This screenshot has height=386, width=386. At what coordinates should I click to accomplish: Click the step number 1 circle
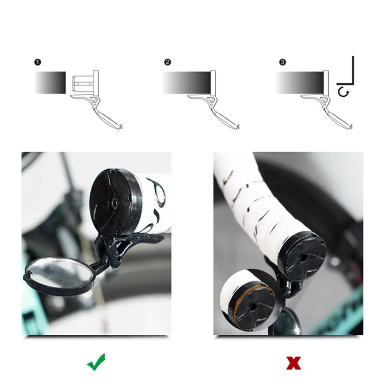pyautogui.click(x=38, y=62)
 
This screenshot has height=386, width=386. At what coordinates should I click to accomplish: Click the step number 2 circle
pyautogui.click(x=167, y=62)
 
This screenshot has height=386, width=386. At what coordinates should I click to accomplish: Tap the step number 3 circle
pyautogui.click(x=283, y=62)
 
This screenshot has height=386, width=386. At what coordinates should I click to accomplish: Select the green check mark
pyautogui.click(x=96, y=362)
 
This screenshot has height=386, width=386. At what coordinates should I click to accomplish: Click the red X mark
pyautogui.click(x=294, y=363)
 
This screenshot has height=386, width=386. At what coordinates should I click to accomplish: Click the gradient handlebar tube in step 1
pyautogui.click(x=50, y=83)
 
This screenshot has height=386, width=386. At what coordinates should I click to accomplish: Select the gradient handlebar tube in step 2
pyautogui.click(x=187, y=83)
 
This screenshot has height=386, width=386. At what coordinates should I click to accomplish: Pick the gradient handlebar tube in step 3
pyautogui.click(x=300, y=83)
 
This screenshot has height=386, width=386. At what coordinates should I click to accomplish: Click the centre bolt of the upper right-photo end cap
pyautogui.click(x=303, y=256)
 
